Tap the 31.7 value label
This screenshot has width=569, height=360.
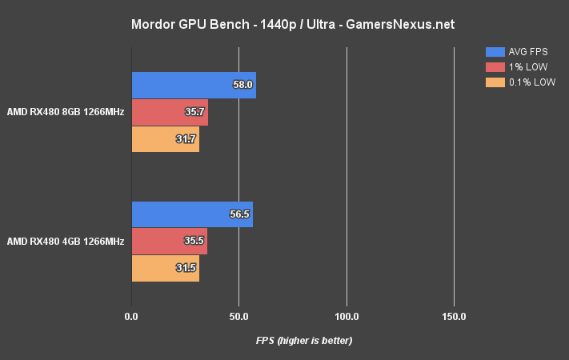(x=186, y=139)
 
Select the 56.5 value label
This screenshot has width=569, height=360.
(x=240, y=214)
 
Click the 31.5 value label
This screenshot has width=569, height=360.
(x=186, y=268)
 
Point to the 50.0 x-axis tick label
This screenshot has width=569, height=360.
(x=238, y=317)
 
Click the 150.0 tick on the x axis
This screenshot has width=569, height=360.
(x=454, y=317)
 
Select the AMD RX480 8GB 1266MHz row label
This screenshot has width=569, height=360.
(x=66, y=112)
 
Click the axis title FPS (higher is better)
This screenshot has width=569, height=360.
(x=304, y=341)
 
